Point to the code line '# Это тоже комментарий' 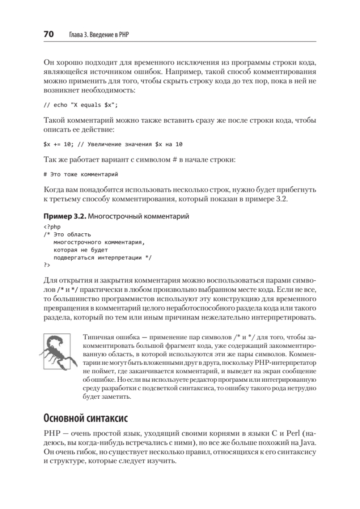(x=80, y=174)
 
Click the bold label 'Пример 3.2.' (x=65, y=216)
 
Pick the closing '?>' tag (x=47, y=265)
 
